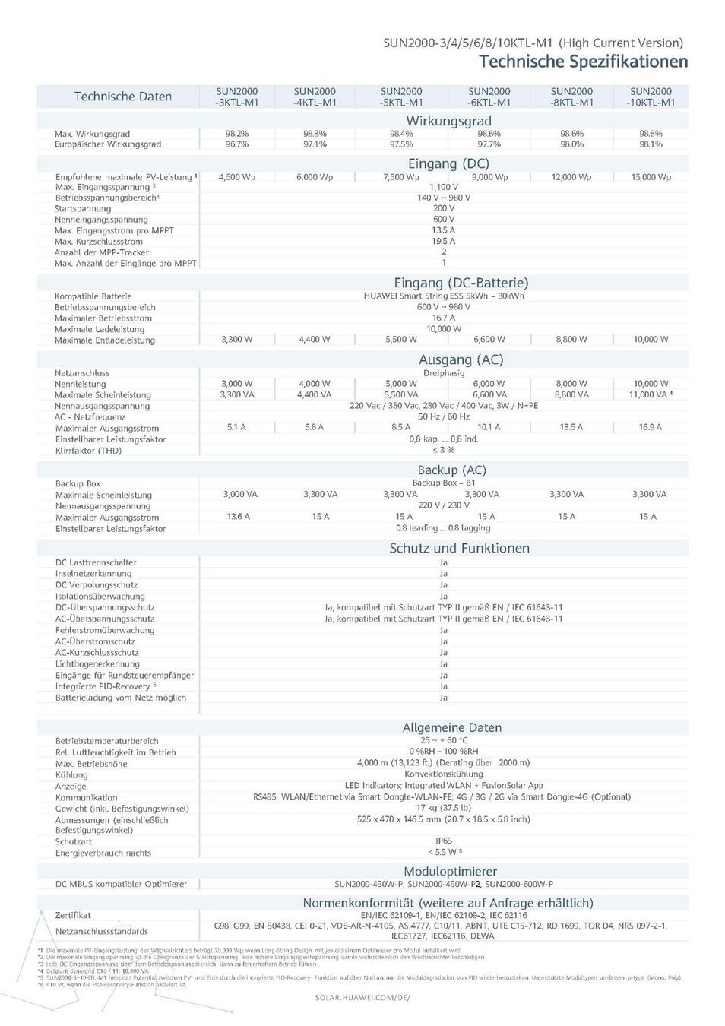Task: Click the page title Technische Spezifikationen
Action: [x=583, y=62]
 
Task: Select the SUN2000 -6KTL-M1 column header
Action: [x=489, y=97]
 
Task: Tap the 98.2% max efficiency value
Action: [x=236, y=134]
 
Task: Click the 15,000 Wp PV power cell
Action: [x=651, y=177]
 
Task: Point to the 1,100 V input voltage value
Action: [x=443, y=187]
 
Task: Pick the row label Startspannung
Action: [x=83, y=208]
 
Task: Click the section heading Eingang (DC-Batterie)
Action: [x=461, y=283]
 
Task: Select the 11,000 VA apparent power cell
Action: [x=650, y=394]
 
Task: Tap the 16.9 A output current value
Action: [x=650, y=427]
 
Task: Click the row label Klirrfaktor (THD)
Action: [x=88, y=451]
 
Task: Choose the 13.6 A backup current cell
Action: [x=238, y=517]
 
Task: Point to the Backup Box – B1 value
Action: [x=444, y=483]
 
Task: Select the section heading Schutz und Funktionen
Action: [x=459, y=548]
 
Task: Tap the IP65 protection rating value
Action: [x=444, y=841]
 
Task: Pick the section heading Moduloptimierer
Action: [x=450, y=871]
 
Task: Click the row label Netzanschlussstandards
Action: [x=102, y=931]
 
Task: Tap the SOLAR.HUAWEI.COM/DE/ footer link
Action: [x=362, y=997]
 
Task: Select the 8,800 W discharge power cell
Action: [x=571, y=340]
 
